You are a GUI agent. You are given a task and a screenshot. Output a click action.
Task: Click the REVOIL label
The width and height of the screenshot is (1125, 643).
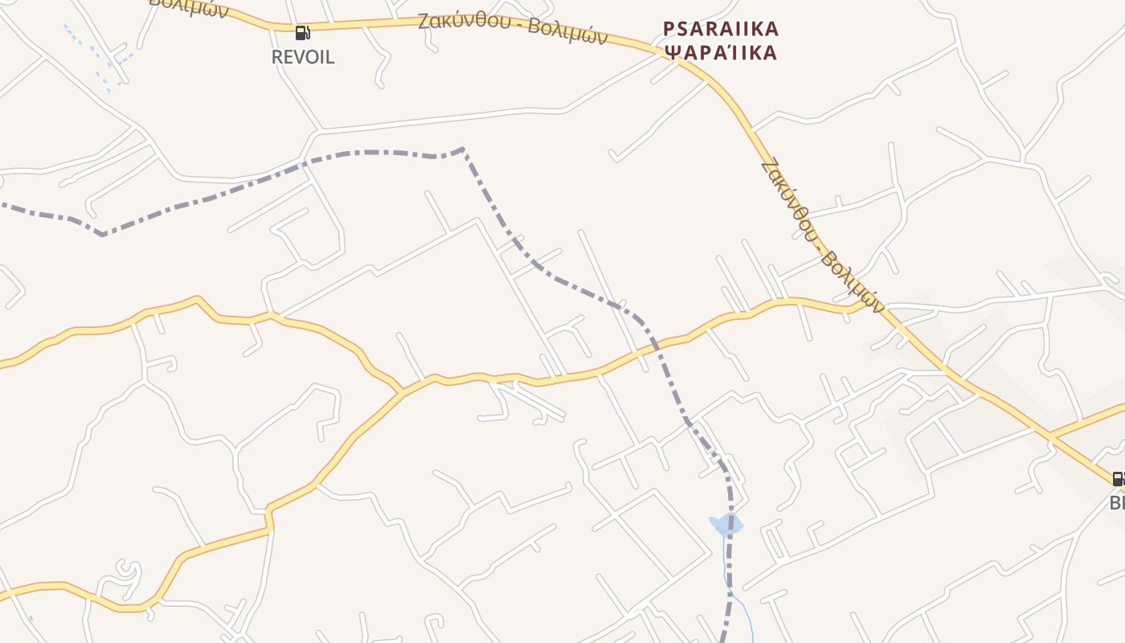click(303, 58)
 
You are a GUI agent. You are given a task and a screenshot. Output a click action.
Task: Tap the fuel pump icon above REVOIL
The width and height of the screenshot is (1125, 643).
click(303, 33)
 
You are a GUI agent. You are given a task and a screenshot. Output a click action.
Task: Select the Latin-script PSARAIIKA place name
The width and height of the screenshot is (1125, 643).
click(721, 30)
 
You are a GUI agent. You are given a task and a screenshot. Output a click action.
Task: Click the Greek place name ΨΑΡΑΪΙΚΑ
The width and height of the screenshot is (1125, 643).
click(721, 53)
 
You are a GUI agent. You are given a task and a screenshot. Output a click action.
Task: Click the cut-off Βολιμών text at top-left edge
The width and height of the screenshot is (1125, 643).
click(189, 6)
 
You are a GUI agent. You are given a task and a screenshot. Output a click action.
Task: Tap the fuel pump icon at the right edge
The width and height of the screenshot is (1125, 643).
click(1118, 479)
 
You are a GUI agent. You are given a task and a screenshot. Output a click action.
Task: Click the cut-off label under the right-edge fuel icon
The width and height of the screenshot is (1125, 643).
click(1117, 503)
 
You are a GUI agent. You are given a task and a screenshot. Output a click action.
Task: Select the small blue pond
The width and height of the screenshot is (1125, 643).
click(726, 526)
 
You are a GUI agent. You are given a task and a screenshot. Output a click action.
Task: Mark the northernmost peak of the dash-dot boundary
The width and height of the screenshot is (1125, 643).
click(463, 149)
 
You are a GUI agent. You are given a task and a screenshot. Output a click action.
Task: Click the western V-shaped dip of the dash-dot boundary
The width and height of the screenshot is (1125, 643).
click(103, 235)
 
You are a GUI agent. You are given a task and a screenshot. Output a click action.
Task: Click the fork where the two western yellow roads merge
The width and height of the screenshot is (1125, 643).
click(402, 392)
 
